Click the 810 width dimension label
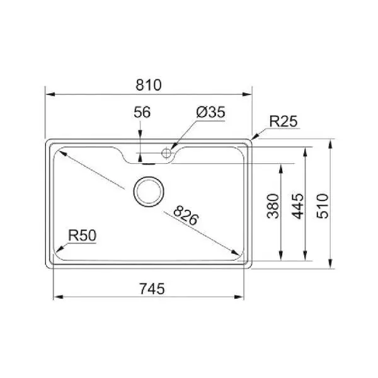pyautogui.click(x=149, y=85)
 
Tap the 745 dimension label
pyautogui.click(x=152, y=289)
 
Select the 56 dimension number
pyautogui.click(x=142, y=112)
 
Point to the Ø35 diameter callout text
pyautogui.click(x=211, y=112)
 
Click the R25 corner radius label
pyautogui.click(x=283, y=121)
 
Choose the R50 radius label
pyautogui.click(x=82, y=235)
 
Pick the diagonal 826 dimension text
pyautogui.click(x=186, y=215)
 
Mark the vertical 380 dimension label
pyautogui.click(x=273, y=206)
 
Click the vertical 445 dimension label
pyautogui.click(x=298, y=206)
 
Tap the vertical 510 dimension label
pyautogui.click(x=323, y=206)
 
